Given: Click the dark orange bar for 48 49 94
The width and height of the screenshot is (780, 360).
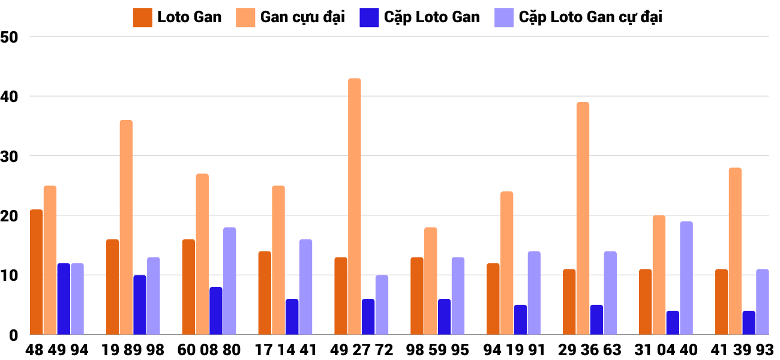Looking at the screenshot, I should coord(36,272).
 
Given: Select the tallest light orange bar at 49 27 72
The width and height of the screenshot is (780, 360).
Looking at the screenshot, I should coord(355,206).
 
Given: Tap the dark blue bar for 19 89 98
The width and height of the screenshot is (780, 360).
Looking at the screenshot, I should coord(140,305).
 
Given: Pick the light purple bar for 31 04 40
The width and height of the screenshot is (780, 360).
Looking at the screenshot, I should coord(686,278).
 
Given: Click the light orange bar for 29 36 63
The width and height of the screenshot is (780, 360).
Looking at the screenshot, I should coord(583,218).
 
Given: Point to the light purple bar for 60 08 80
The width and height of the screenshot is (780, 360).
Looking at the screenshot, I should coord(230,281).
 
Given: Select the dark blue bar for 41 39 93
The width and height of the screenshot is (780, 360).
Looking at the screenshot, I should coord(749,323).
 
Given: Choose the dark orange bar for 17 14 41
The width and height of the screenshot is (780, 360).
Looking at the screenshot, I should coord(265,293).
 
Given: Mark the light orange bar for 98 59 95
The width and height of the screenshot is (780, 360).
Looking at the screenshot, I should coord(431,281).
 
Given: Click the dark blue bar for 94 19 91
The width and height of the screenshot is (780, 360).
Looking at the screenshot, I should coord(520,320).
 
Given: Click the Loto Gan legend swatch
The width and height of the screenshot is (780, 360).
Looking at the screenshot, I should coord(142,17).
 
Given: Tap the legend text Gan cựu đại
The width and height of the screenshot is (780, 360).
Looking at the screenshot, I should coord(302,17).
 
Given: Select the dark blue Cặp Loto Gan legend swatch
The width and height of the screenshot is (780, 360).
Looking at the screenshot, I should coord(369,17).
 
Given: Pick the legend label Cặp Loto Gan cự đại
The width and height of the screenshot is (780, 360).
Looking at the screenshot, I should coord(590,17).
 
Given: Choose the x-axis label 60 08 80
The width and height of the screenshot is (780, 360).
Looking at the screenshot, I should coord(209,350).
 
